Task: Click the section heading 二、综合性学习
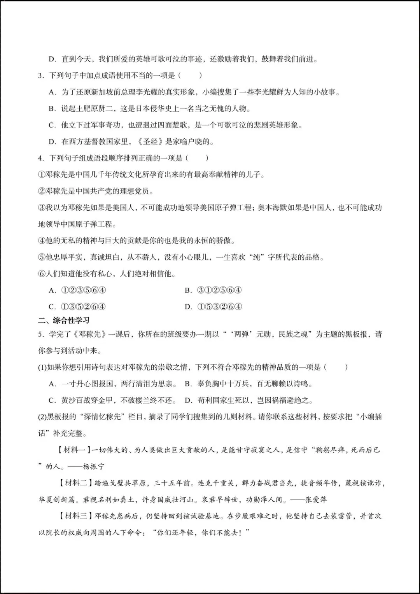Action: (x=64, y=320)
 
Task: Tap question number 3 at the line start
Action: (x=40, y=75)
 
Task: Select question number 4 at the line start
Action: (x=40, y=158)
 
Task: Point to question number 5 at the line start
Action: (x=40, y=334)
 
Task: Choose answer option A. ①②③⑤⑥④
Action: (x=78, y=290)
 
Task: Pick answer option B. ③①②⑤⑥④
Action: (x=213, y=290)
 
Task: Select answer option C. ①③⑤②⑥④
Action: (x=78, y=307)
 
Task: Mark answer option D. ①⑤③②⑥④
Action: (x=213, y=307)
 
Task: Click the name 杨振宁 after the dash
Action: (x=94, y=466)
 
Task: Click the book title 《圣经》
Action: (x=151, y=142)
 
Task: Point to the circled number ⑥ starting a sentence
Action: (x=42, y=274)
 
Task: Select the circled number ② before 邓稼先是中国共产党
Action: (x=42, y=191)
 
